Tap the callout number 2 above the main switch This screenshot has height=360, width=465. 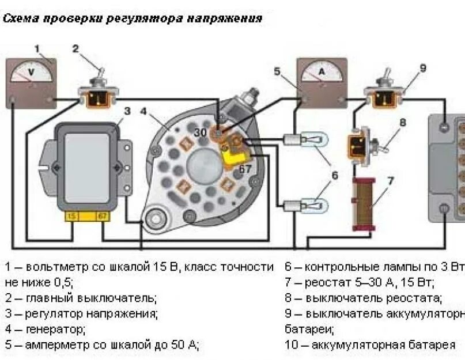pyautogui.click(x=75, y=49)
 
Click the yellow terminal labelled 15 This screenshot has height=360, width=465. pyautogui.click(x=72, y=215)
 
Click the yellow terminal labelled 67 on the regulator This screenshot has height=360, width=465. pyautogui.click(x=102, y=215)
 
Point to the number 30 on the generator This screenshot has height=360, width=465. pyautogui.click(x=200, y=132)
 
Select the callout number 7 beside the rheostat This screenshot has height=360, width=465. pyautogui.click(x=390, y=181)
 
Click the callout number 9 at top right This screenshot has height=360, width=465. pyautogui.click(x=423, y=68)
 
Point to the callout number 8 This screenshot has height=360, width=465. pyautogui.click(x=402, y=122)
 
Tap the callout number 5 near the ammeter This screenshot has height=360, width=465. pyautogui.click(x=277, y=72)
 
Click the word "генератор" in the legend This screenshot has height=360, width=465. pyautogui.click(x=55, y=329)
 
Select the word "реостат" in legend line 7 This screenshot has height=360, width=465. pyautogui.click(x=327, y=283)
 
